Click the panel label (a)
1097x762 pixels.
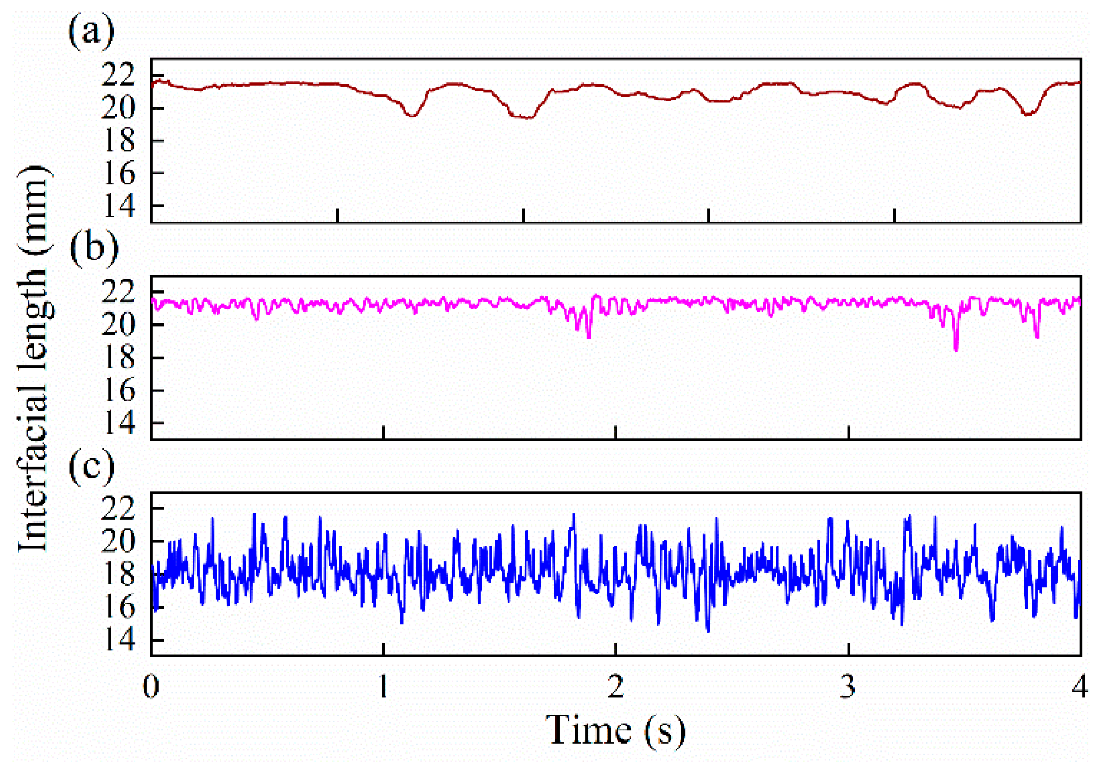tap(91, 32)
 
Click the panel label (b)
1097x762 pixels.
tap(94, 247)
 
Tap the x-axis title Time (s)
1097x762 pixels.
tap(615, 730)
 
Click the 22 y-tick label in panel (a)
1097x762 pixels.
tap(119, 77)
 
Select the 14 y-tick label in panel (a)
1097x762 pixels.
tap(119, 206)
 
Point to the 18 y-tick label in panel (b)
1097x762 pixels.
tap(119, 359)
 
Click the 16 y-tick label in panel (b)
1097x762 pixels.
tap(119, 391)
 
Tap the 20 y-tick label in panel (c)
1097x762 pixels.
tap(119, 541)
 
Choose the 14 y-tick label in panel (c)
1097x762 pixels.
tap(119, 641)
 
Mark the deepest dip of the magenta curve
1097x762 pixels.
tap(956, 349)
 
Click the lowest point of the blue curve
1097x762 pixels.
tap(708, 631)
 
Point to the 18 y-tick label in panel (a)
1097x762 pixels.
tap(119, 141)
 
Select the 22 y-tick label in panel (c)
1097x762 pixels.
tap(119, 509)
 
